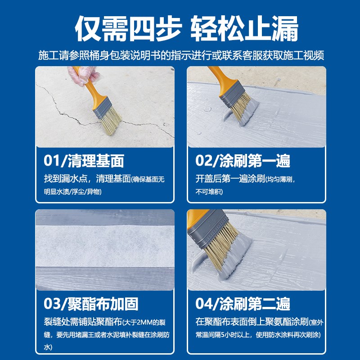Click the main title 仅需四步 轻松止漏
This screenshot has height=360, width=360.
(x=180, y=30)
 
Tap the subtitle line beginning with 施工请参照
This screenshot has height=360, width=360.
(x=180, y=56)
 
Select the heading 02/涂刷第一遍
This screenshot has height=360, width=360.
(x=243, y=161)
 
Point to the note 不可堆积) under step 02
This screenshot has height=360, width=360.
(x=209, y=192)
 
